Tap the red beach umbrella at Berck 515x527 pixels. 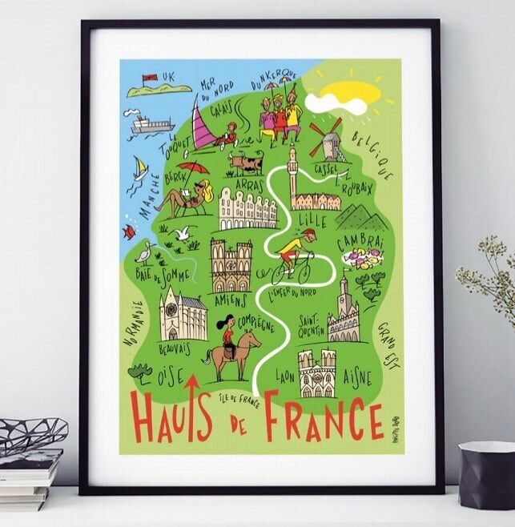pos(192,168)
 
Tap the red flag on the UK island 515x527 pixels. pos(147,78)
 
